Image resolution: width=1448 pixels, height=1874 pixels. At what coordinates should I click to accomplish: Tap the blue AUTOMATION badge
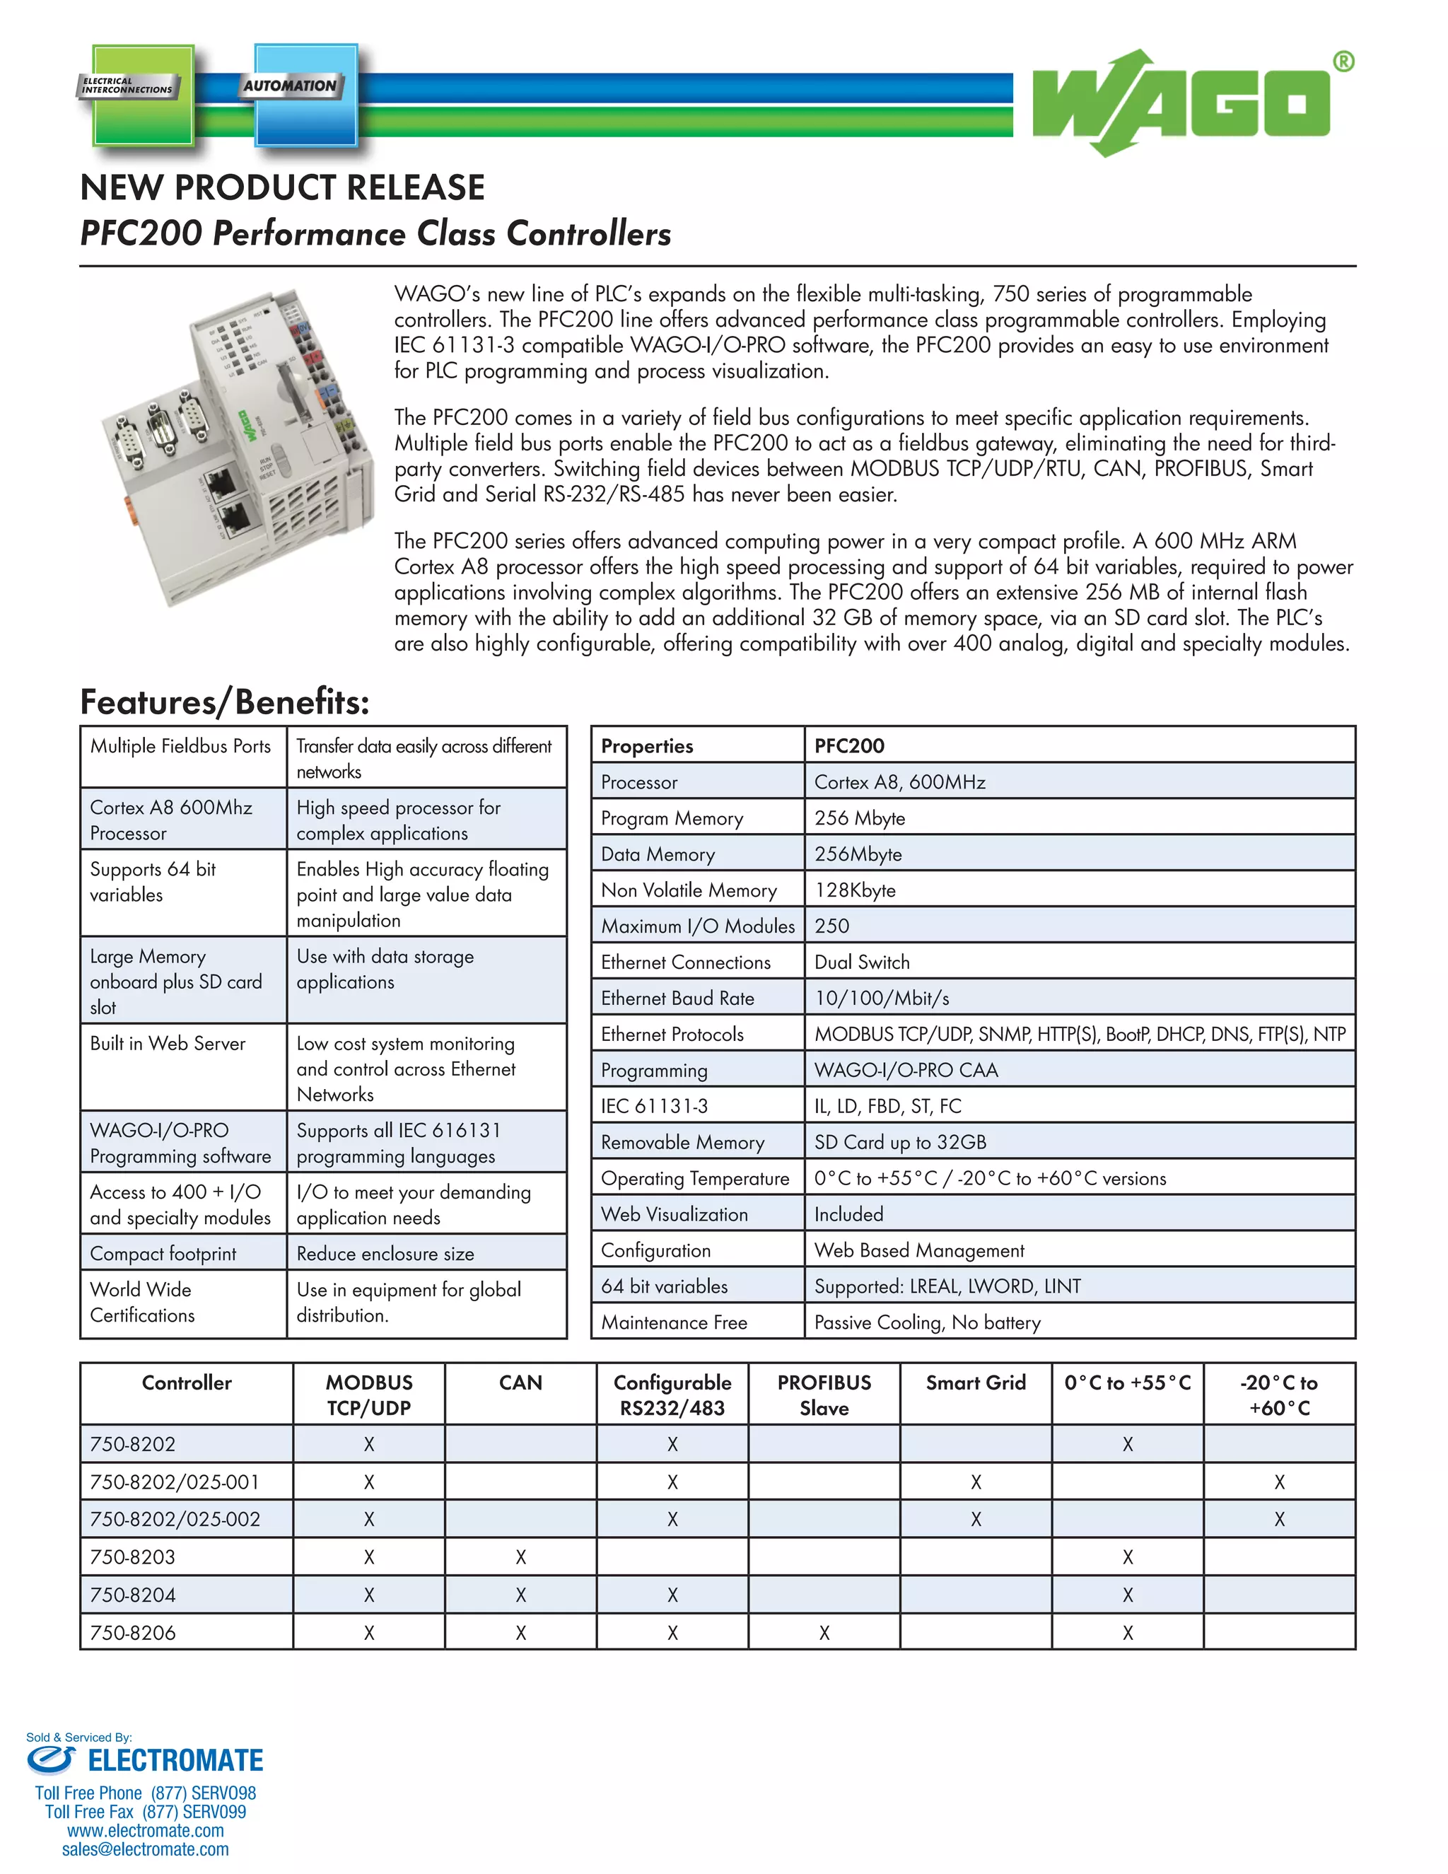coord(305,94)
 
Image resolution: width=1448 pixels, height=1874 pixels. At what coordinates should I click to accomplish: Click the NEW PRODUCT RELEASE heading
coord(282,188)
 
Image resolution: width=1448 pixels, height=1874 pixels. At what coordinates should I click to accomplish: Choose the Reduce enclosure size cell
coord(385,1255)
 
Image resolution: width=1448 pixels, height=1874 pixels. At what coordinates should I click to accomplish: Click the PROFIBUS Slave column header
coord(824,1395)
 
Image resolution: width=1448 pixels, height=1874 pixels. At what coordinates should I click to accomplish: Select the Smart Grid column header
coord(975,1383)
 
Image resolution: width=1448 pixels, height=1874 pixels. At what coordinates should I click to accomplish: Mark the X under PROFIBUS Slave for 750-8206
coord(824,1634)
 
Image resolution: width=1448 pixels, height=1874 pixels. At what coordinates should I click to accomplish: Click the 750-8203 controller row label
coord(132,1557)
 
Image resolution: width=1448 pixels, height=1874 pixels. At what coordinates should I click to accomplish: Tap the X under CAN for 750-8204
coord(520,1596)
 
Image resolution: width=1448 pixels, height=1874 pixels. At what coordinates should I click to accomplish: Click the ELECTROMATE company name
coord(175,1762)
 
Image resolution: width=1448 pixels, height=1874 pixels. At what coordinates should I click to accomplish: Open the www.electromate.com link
coord(145,1830)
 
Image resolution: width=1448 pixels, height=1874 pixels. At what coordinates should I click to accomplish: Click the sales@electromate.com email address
coord(145,1849)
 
